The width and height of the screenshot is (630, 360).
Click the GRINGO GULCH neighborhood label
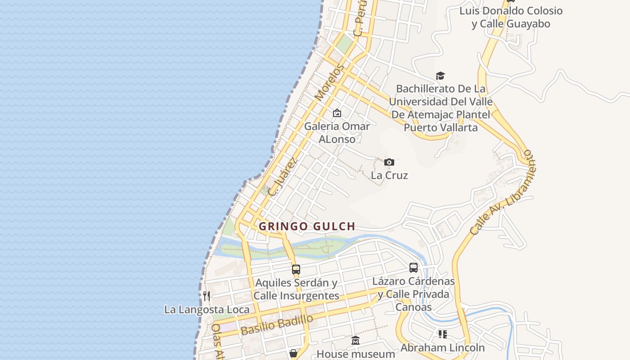(307, 226)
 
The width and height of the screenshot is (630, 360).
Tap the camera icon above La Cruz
(389, 162)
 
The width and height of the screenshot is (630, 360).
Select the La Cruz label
(389, 175)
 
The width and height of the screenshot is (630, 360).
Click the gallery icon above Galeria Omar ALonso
(337, 113)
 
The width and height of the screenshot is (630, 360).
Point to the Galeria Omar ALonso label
(337, 132)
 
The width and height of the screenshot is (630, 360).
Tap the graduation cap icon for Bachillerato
(440, 76)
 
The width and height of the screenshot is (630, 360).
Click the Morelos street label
(329, 82)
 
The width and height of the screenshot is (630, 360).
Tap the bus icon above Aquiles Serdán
(296, 270)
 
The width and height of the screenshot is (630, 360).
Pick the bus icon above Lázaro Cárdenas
(414, 268)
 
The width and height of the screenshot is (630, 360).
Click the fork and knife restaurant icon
(207, 296)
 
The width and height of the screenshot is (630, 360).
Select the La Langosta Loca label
(207, 310)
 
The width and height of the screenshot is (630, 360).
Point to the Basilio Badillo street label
(277, 324)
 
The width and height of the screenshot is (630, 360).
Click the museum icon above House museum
(355, 341)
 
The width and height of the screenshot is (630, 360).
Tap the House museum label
(355, 354)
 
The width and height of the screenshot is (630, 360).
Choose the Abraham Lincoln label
(442, 348)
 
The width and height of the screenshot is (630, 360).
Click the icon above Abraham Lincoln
(443, 334)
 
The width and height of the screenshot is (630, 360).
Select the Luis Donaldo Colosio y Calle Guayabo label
(511, 17)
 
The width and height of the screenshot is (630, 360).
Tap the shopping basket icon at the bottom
(293, 354)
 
